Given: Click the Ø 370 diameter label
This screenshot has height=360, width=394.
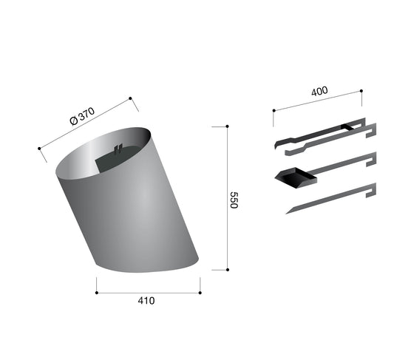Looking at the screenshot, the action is point(82,116).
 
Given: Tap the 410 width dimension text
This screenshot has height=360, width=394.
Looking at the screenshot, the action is point(146,301).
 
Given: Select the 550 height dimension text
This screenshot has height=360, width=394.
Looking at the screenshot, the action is point(234,200).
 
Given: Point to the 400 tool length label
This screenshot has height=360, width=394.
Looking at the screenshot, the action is point(319,91).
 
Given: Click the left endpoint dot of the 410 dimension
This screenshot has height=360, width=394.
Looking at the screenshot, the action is point(97,293).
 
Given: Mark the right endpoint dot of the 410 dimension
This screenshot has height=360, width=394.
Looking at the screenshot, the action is point(200,293).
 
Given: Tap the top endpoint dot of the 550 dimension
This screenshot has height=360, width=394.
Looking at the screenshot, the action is point(228,126).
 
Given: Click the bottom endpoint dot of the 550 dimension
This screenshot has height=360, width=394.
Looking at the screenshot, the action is point(228,270).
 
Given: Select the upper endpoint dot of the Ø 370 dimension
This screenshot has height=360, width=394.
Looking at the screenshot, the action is point(130,98).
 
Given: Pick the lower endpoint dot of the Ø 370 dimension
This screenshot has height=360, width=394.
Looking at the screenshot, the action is point(39,149).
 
